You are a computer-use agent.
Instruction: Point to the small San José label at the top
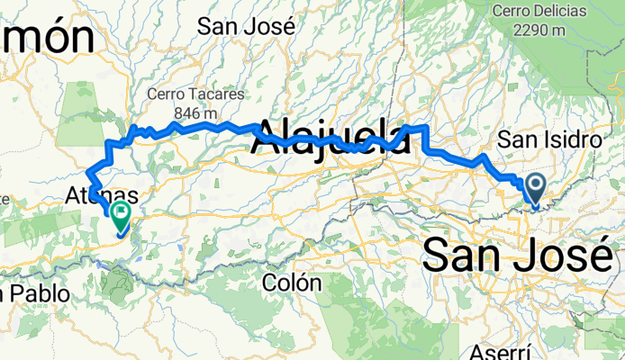coord(246,26)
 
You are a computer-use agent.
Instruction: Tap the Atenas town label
coord(102,194)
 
